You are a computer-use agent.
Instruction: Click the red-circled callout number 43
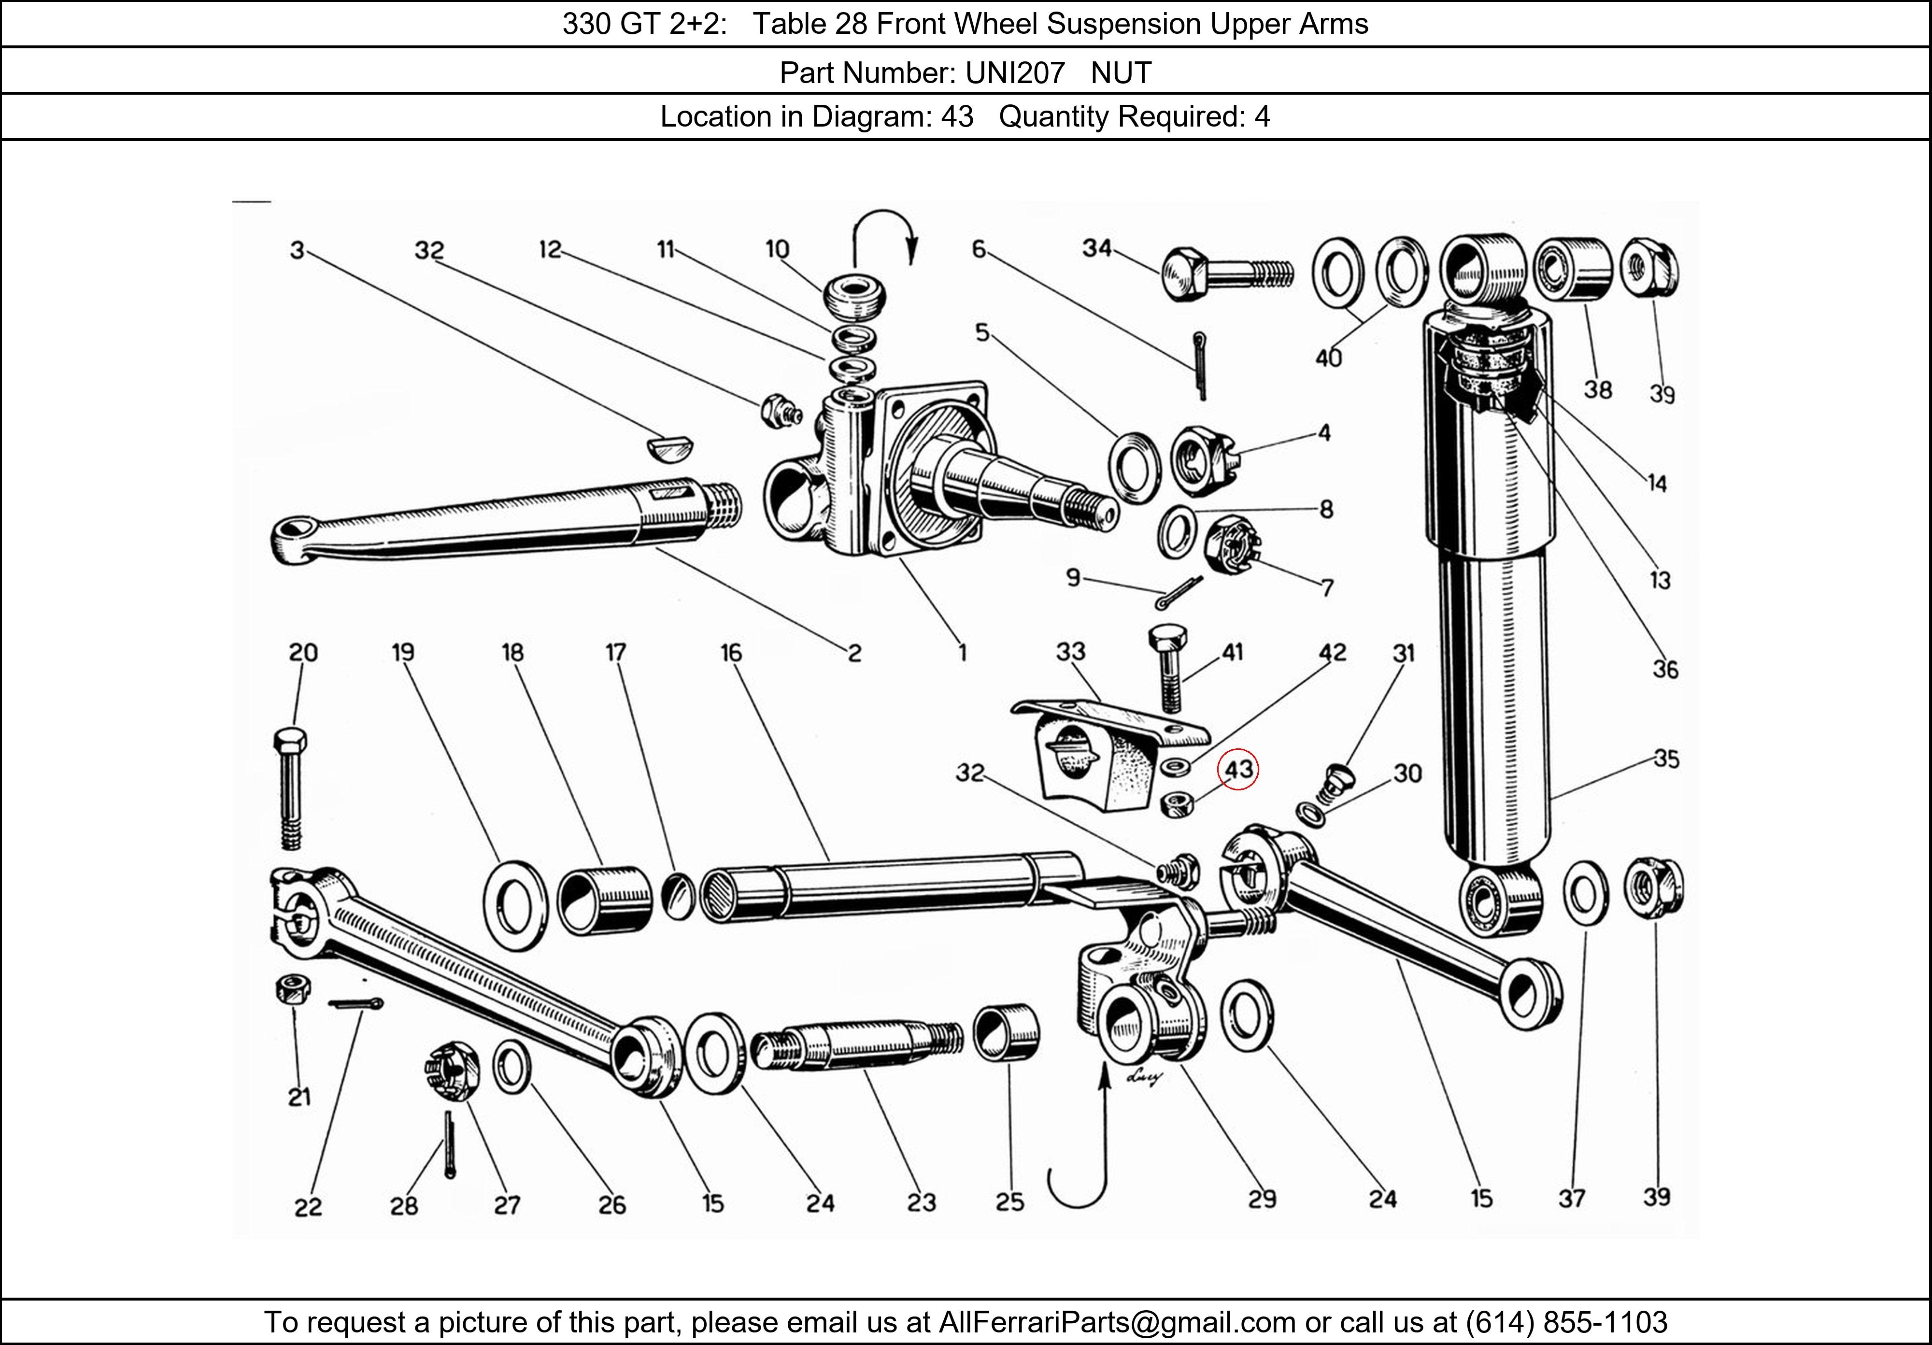point(1238,769)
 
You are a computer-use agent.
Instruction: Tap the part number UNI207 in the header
point(1015,73)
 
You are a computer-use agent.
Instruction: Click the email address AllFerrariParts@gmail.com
point(1117,1322)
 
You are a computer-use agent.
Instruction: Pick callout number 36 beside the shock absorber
point(1664,670)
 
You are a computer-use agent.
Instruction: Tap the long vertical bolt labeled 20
point(290,787)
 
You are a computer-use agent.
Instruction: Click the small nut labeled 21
point(293,987)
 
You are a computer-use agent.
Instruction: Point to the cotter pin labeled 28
point(449,1144)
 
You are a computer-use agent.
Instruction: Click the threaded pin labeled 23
point(854,1049)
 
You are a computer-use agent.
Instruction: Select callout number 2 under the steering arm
point(854,653)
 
